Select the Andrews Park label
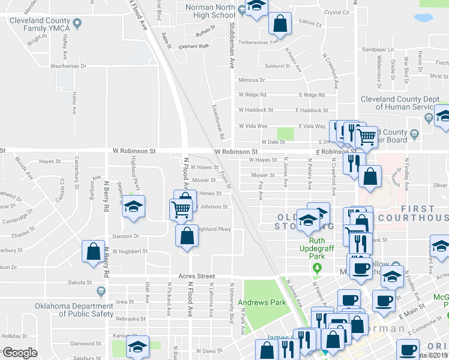point(262,302)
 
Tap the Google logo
point(20,353)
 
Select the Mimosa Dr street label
point(252,80)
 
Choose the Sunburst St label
point(277,66)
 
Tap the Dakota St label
point(79,282)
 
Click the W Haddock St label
point(256,110)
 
